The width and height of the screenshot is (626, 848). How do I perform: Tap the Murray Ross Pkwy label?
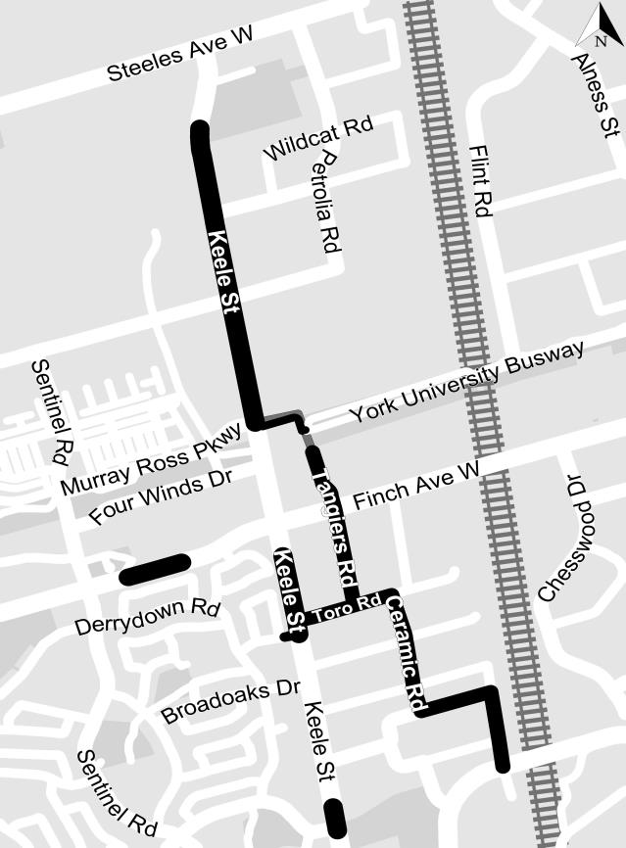pyautogui.click(x=151, y=460)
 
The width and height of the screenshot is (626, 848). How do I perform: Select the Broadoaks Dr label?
pyautogui.click(x=230, y=701)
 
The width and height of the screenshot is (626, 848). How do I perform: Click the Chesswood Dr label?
pyautogui.click(x=560, y=538)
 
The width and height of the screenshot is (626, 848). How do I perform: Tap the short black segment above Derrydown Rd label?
pyautogui.click(x=155, y=568)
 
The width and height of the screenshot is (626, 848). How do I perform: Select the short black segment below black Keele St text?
pyautogui.click(x=335, y=818)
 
